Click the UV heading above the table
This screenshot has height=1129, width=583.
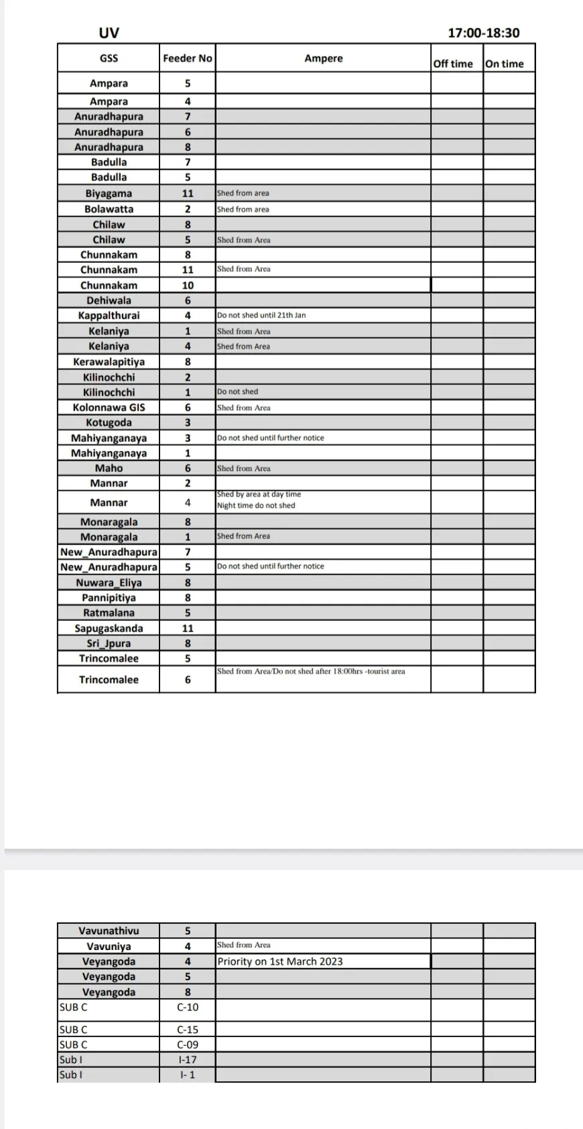(x=109, y=33)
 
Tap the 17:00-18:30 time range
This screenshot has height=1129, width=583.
(x=483, y=33)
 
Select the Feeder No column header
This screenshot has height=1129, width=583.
(x=187, y=58)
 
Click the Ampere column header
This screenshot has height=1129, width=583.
(x=323, y=58)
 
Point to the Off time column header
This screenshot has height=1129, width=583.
(x=453, y=64)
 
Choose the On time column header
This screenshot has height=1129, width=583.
(x=504, y=64)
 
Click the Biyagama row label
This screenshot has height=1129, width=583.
(x=109, y=193)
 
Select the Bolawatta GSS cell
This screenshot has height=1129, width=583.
(x=109, y=209)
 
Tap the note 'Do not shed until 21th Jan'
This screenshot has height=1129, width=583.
(x=261, y=315)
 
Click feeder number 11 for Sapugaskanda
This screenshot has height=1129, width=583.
(x=188, y=628)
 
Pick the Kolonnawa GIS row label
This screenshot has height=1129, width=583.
(x=109, y=407)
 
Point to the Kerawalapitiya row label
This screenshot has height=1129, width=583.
(x=109, y=361)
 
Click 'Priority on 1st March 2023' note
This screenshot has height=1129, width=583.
(x=280, y=961)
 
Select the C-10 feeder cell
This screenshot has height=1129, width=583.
(x=188, y=1007)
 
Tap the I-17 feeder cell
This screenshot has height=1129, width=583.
(x=188, y=1059)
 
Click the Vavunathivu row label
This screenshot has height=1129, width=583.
(x=109, y=931)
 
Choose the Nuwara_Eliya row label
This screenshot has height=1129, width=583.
(x=109, y=583)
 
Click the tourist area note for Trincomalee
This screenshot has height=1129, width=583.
(x=311, y=671)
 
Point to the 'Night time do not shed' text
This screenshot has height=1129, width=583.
(x=256, y=506)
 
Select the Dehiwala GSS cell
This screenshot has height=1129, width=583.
(x=109, y=300)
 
